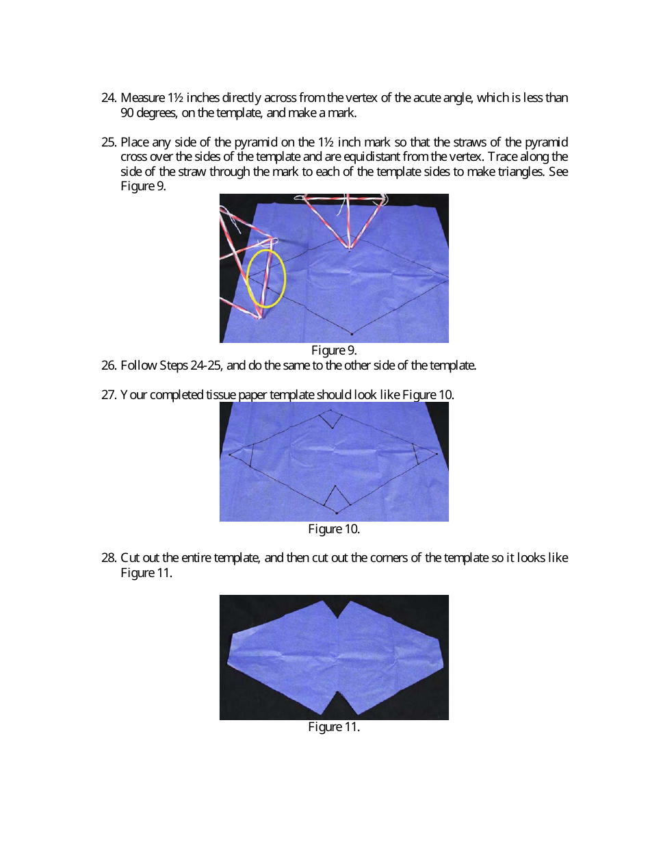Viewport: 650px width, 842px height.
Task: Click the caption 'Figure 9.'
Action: pos(334,350)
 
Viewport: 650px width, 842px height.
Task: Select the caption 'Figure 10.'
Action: pos(334,529)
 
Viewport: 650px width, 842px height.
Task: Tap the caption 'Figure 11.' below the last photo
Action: pos(334,727)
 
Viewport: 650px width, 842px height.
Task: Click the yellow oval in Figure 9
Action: pos(265,279)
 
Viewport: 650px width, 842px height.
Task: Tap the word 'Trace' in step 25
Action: pos(503,157)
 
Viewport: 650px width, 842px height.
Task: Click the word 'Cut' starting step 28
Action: pos(129,558)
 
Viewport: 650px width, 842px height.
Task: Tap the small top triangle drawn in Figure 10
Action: pos(332,418)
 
